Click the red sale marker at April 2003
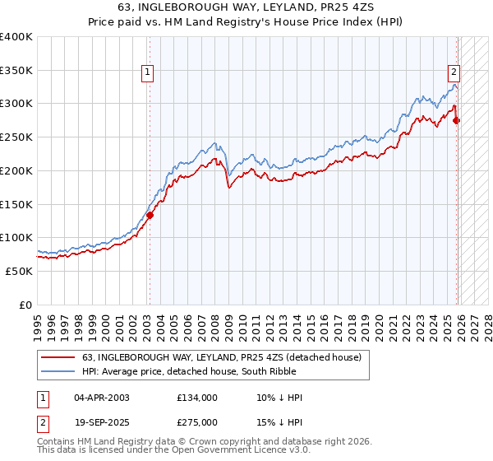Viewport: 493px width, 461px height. coord(150,216)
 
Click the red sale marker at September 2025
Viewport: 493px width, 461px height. coord(457,121)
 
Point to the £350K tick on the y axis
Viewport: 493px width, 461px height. coord(16,71)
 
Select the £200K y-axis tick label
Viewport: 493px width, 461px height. coord(16,171)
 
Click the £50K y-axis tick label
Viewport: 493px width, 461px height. coord(19,271)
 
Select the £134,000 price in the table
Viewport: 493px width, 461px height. coord(196,398)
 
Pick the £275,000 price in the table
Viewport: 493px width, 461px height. coord(196,422)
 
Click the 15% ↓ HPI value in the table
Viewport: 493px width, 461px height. coord(279,422)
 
